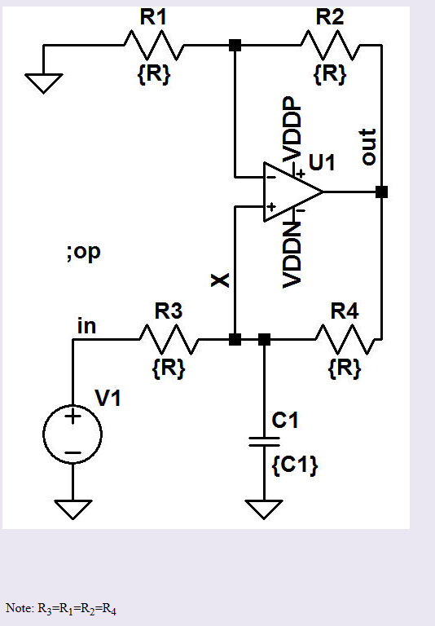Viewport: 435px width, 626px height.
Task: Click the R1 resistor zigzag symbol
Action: (155, 45)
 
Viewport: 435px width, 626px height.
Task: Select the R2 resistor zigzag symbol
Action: (330, 45)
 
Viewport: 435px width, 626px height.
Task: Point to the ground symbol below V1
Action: (73, 509)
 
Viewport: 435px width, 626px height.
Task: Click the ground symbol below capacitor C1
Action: (263, 509)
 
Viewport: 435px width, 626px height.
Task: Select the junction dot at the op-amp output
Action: (381, 192)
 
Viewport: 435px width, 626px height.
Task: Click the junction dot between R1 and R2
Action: (235, 45)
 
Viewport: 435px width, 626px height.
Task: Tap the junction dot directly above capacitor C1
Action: (263, 339)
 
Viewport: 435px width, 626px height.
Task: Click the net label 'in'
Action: (86, 326)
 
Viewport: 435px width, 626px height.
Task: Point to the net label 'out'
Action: (368, 147)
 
